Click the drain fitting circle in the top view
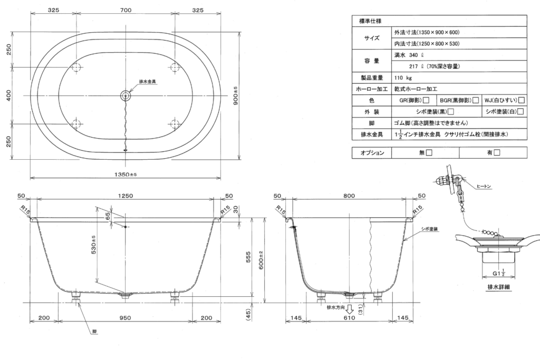pyautogui.click(x=126, y=95)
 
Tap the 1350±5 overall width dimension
pyautogui.click(x=125, y=174)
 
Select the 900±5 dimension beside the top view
pyautogui.click(x=250, y=95)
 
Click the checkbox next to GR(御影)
pyautogui.click(x=426, y=100)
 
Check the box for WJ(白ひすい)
pyautogui.click(x=521, y=100)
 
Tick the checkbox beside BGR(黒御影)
pyautogui.click(x=475, y=100)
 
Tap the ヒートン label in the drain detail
pyautogui.click(x=483, y=186)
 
